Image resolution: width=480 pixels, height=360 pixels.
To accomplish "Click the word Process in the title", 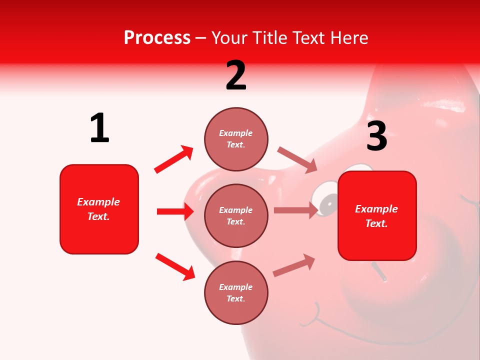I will [157, 38].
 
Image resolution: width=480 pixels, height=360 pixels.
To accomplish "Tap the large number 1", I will [99, 128].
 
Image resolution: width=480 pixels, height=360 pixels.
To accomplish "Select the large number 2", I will [236, 75].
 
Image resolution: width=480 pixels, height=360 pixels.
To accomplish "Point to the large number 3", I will [376, 136].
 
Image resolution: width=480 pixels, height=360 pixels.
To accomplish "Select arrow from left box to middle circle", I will [175, 211].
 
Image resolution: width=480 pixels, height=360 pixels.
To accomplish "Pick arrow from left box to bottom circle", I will [175, 266].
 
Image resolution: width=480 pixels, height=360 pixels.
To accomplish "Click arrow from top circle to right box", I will [297, 160].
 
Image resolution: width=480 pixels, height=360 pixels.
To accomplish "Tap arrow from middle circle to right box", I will [295, 210].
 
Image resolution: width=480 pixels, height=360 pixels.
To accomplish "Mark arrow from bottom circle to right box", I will [294, 265].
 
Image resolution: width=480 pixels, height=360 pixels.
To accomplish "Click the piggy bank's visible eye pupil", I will [328, 202].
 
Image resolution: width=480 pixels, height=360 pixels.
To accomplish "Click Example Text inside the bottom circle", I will [236, 293].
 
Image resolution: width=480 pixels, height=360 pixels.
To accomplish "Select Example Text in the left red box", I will [99, 209].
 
